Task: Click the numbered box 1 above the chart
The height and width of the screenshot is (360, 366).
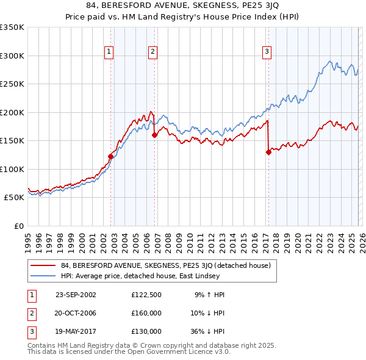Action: point(109,52)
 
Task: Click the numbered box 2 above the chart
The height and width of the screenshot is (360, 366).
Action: point(152,52)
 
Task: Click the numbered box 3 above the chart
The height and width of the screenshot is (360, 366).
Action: point(267,52)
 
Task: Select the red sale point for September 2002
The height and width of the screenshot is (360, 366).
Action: point(110,156)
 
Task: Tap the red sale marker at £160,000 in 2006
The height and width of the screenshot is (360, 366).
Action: point(154,135)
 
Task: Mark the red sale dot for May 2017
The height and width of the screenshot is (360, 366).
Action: point(268,153)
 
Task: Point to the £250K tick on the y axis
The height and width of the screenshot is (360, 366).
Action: point(12,84)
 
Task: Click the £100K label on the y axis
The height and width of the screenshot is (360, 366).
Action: point(12,169)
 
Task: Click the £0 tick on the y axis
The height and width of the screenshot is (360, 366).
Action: point(18,226)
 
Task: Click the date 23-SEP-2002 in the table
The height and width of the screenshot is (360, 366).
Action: point(76,295)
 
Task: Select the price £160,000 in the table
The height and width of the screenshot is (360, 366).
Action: point(146,313)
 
